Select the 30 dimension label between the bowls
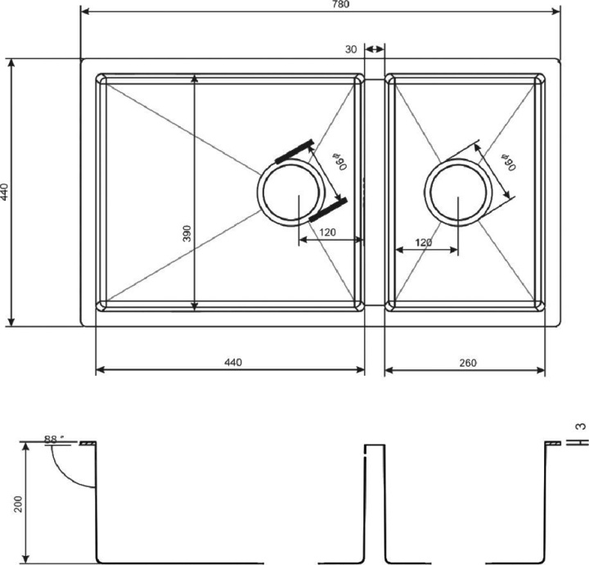(351, 50)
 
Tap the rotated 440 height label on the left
(5, 192)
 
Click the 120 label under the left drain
(327, 233)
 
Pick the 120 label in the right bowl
(424, 243)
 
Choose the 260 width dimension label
(467, 362)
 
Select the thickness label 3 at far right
(580, 426)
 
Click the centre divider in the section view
(374, 499)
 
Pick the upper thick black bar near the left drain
(295, 150)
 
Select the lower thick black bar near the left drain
(329, 210)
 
